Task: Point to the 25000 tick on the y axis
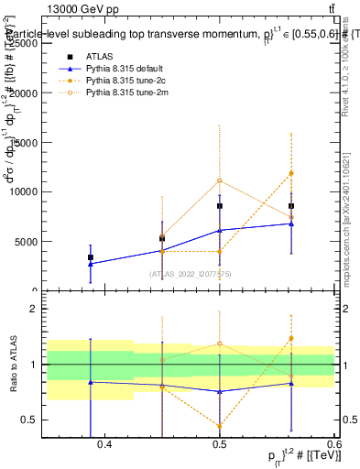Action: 44,43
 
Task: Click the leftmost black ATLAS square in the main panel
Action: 91,257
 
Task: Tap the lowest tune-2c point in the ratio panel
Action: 220,426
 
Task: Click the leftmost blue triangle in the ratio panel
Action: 91,382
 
